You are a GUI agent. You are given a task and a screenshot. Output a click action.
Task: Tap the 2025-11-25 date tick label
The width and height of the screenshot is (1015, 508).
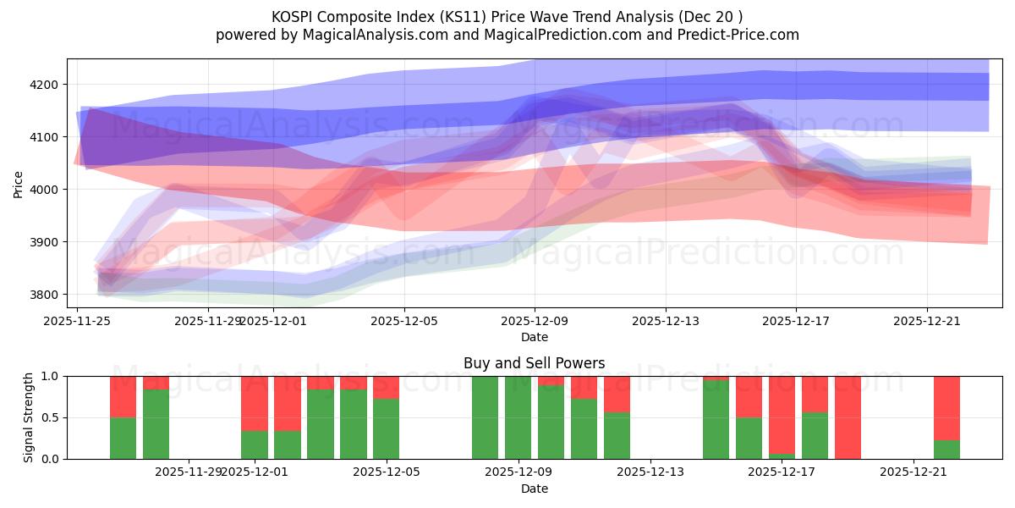point(78,321)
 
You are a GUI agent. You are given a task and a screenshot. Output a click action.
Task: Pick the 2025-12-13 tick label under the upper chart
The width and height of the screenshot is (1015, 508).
point(666,321)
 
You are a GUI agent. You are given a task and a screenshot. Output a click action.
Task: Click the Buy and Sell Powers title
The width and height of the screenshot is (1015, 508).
point(534,363)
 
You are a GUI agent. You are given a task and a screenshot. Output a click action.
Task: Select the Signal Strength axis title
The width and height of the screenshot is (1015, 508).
point(28,417)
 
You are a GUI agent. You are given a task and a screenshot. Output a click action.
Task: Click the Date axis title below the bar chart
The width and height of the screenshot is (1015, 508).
point(534,489)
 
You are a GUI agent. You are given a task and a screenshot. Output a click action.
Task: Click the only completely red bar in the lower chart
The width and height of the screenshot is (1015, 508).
point(848,417)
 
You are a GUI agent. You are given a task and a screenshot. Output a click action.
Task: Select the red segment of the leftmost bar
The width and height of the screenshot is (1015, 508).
point(123,396)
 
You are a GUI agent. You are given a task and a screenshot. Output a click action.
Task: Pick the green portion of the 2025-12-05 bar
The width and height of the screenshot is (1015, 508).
point(386,428)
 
